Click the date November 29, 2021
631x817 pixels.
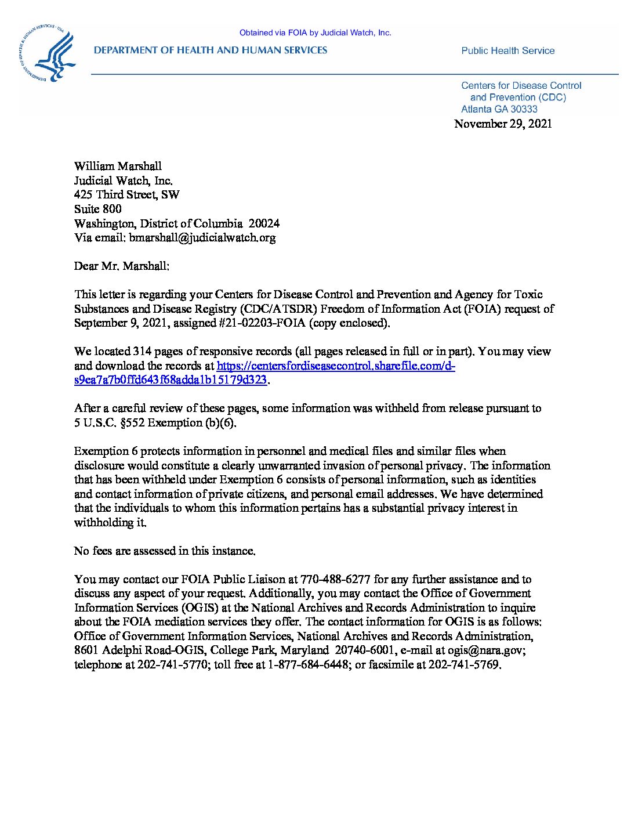(503, 124)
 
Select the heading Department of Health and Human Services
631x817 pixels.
(211, 50)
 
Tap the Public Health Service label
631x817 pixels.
(507, 51)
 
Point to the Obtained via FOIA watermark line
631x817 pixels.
(315, 33)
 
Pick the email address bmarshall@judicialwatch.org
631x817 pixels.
(202, 238)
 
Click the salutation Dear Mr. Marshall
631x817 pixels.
(122, 266)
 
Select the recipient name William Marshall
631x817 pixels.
(118, 167)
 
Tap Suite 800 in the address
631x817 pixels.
(98, 209)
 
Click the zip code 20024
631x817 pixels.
(264, 223)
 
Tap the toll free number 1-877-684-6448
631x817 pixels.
(308, 665)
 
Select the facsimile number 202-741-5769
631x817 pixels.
(463, 665)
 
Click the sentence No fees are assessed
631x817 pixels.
(165, 551)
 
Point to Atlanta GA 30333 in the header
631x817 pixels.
(499, 109)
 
